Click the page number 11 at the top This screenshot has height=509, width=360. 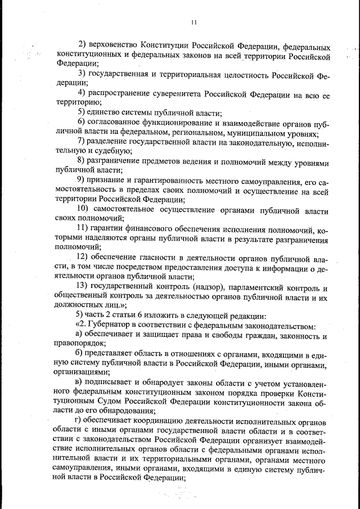(193, 22)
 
